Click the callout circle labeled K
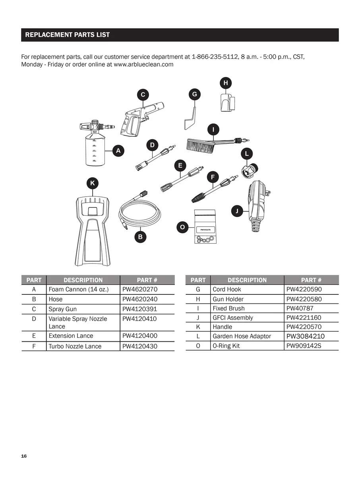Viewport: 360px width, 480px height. (93, 183)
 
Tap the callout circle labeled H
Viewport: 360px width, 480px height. (226, 83)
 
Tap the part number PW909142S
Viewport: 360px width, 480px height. (304, 346)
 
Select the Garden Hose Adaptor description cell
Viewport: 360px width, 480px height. (242, 336)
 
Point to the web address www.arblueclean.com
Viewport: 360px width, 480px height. (143, 64)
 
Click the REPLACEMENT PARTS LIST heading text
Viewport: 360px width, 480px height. (68, 35)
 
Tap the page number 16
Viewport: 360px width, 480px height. (24, 456)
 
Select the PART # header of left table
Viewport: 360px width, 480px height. (147, 280)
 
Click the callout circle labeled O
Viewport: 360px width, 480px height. (182, 228)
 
